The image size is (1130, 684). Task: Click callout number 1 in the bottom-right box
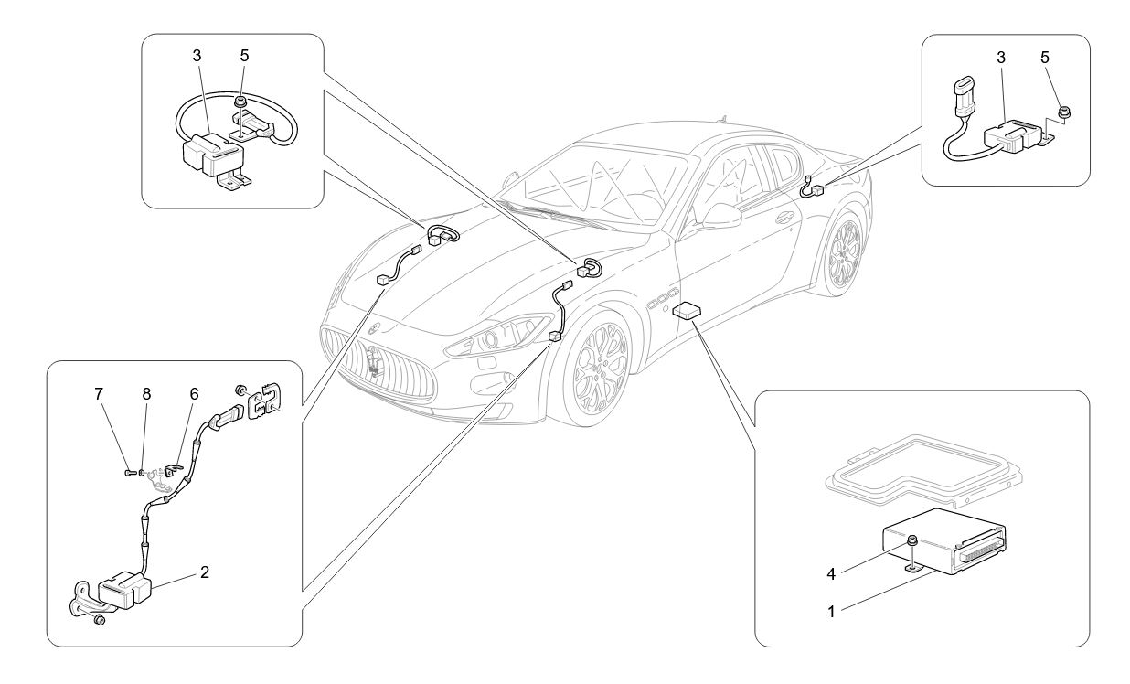tap(831, 612)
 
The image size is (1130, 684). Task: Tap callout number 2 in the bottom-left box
tap(205, 572)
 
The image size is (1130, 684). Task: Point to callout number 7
tap(99, 394)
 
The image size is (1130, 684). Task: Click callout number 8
tap(146, 394)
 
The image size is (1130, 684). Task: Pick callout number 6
tap(194, 394)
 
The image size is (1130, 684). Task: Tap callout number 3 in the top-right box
tap(1001, 57)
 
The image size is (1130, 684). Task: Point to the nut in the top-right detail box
tap(1065, 112)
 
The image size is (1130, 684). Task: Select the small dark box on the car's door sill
tap(686, 312)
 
